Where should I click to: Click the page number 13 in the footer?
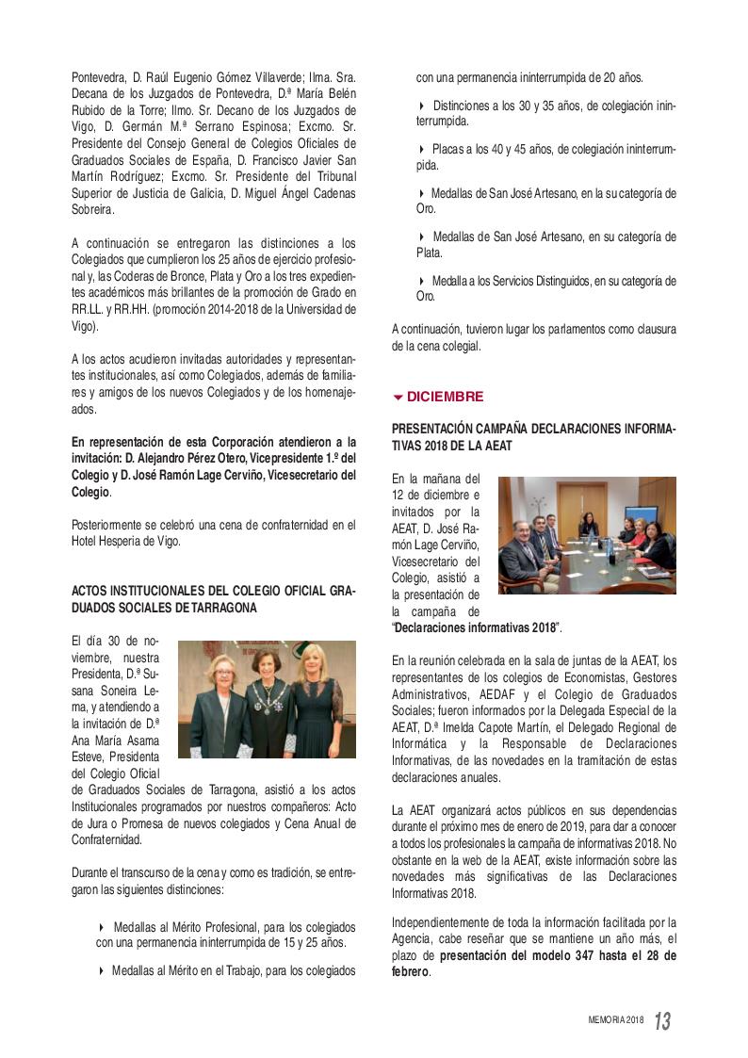click(x=662, y=1020)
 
